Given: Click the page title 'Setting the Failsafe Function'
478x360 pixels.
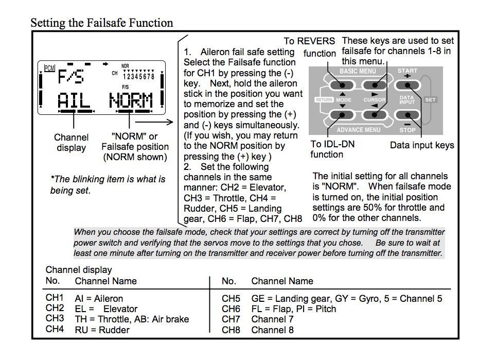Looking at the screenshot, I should [x=101, y=23].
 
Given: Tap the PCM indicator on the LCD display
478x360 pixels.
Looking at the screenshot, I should [x=49, y=67].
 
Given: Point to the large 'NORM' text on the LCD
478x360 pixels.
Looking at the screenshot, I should [x=131, y=99].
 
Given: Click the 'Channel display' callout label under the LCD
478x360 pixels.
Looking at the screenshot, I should [x=71, y=143].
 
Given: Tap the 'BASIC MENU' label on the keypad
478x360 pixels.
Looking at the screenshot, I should [x=357, y=72].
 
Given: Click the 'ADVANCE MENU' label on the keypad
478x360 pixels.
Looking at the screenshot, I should [x=358, y=130].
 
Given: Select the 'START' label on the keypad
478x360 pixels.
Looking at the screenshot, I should [x=408, y=71].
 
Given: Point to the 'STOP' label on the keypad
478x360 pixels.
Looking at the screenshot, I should [x=408, y=130].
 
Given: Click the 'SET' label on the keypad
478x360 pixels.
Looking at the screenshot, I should [x=431, y=100].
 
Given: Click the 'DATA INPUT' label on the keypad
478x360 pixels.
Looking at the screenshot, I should [x=406, y=100].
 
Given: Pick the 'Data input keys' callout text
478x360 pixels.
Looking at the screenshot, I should [x=422, y=145].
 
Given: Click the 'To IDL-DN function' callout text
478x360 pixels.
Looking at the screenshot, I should [x=332, y=149].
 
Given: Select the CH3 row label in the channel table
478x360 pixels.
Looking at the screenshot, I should [x=55, y=318].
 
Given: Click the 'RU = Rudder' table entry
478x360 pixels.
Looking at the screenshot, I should [x=102, y=330].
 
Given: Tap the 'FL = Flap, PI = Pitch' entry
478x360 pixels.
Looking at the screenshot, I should [x=293, y=308].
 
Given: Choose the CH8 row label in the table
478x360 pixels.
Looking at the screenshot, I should [x=231, y=330].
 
